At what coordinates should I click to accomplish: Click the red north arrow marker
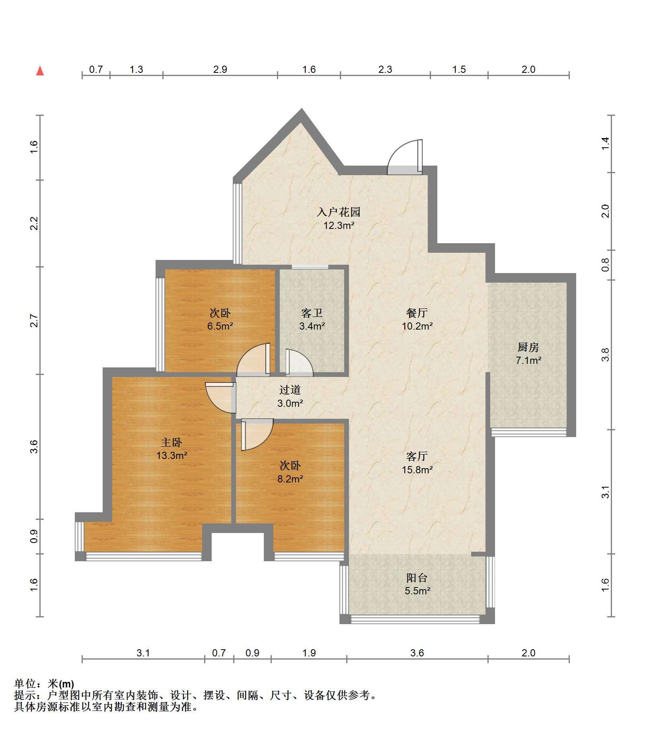(x=40, y=71)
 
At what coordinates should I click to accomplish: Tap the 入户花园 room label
(x=338, y=212)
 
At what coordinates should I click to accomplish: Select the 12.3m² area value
(x=339, y=226)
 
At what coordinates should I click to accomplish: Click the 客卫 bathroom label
(x=312, y=313)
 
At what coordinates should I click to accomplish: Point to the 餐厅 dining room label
(x=417, y=313)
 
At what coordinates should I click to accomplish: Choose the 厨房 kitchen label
(x=528, y=347)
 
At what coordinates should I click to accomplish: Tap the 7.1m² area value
(x=528, y=361)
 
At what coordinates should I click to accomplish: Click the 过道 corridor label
(x=290, y=390)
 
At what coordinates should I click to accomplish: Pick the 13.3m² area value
(x=172, y=455)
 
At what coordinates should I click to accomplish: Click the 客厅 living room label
(x=417, y=456)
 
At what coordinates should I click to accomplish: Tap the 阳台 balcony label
(x=417, y=578)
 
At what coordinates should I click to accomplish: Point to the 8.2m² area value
(x=290, y=479)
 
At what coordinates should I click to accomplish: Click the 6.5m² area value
(x=220, y=326)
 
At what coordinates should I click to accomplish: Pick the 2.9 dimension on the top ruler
(x=220, y=70)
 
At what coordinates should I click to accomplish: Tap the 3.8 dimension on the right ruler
(x=605, y=355)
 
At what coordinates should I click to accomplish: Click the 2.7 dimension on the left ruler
(x=34, y=321)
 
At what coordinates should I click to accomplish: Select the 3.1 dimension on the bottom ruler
(x=143, y=653)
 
